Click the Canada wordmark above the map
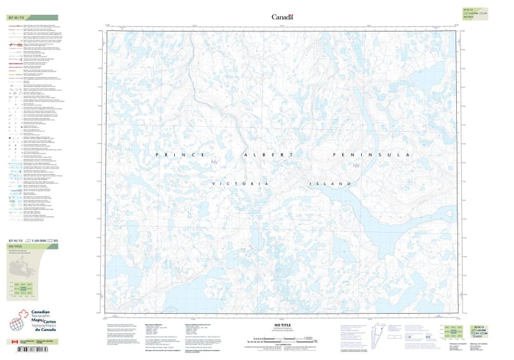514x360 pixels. click(282, 17)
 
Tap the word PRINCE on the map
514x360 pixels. click(181, 156)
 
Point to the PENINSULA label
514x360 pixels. click(370, 156)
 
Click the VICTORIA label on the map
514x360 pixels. click(239, 184)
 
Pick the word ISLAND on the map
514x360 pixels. click(331, 184)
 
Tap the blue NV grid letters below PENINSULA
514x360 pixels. click(356, 168)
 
